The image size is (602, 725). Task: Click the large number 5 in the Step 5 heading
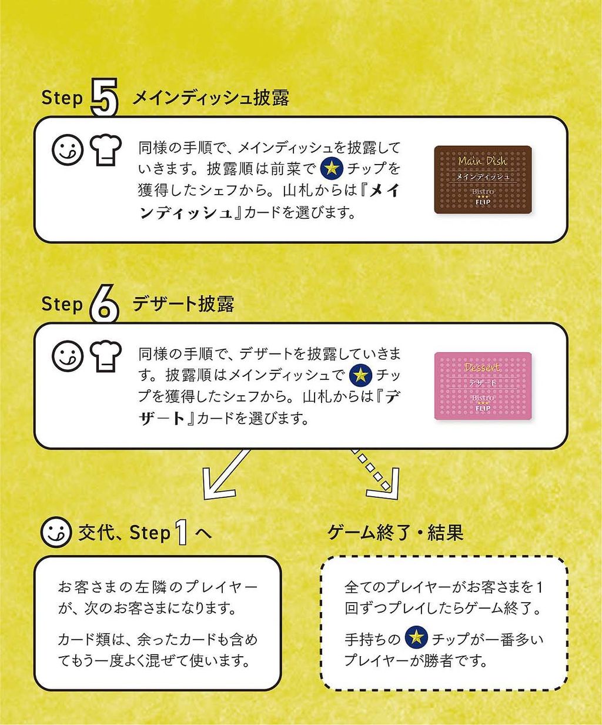click(104, 98)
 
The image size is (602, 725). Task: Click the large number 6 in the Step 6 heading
click(104, 304)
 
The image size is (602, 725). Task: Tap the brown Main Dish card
click(483, 180)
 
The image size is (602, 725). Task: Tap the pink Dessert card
click(483, 386)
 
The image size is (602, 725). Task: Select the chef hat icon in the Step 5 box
click(106, 150)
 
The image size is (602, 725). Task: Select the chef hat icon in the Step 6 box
click(106, 356)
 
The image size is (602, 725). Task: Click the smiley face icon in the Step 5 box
click(68, 150)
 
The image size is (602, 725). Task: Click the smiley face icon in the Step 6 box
click(68, 356)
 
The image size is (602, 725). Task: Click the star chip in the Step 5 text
click(332, 168)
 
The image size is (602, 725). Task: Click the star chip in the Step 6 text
click(361, 375)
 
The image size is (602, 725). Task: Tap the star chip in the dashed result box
click(416, 637)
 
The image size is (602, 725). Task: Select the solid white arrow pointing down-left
click(226, 475)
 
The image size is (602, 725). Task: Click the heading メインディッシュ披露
click(210, 98)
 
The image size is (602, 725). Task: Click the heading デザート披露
click(183, 304)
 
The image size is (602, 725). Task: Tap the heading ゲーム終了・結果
click(396, 533)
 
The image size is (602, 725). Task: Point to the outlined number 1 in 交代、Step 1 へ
click(182, 532)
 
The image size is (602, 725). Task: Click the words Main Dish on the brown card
click(482, 161)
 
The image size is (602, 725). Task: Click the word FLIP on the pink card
click(483, 408)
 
